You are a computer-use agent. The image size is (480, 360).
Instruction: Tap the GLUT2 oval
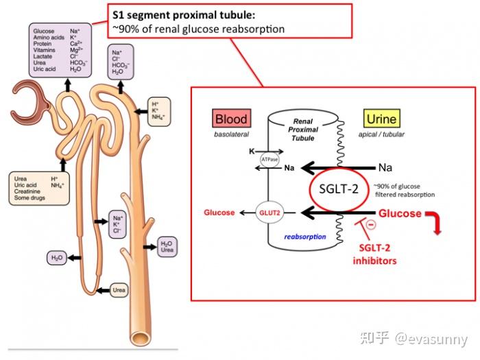coord(268,213)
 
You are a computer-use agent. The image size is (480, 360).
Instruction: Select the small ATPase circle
coord(269,160)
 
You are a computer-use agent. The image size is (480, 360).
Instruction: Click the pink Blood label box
coord(230,119)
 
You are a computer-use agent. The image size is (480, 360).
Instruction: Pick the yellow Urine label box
coord(381,119)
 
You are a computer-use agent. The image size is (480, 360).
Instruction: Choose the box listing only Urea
coord(119,291)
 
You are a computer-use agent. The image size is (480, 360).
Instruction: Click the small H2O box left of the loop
coord(56,258)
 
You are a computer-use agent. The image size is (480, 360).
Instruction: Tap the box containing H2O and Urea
coord(167,246)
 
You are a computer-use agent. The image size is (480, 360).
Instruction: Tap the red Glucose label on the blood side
coord(219,213)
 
